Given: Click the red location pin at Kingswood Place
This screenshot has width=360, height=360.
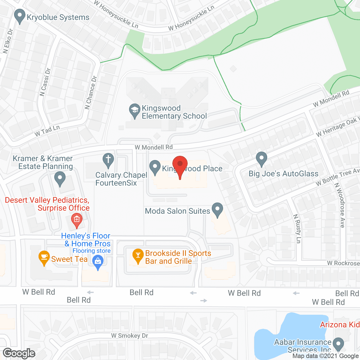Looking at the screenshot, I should coord(180,165).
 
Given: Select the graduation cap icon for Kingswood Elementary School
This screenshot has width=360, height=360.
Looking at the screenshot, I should coord(135,111).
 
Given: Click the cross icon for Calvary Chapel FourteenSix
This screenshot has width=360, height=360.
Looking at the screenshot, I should coord(108,160).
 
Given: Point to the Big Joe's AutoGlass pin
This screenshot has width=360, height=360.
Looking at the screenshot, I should coord(262,159).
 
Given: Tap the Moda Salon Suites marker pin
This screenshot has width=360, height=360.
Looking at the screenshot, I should coord(217,210).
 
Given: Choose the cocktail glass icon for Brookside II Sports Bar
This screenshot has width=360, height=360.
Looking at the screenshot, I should coord(138,255).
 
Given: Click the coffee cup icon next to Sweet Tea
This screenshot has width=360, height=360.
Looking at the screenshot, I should coord(44,257).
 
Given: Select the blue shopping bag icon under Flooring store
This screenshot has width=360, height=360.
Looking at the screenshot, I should coord(98,262).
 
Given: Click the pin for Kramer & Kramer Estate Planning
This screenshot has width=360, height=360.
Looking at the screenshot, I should coord(60,179).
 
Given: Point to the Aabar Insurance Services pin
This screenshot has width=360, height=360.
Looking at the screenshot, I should coord(338,344).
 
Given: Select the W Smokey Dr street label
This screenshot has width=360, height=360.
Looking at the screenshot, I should coord(129,336).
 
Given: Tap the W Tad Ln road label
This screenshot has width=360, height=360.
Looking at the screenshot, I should coord(47,131).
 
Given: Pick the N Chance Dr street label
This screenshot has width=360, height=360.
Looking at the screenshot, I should coord(91,93).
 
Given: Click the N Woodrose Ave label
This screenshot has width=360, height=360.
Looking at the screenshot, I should coord(339,205).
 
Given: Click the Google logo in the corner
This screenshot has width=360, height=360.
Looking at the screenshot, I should coord(19,353).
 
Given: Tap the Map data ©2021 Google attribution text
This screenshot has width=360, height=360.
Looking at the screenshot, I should coord(325,356).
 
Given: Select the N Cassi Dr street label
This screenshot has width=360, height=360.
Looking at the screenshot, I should coord(45,82).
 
